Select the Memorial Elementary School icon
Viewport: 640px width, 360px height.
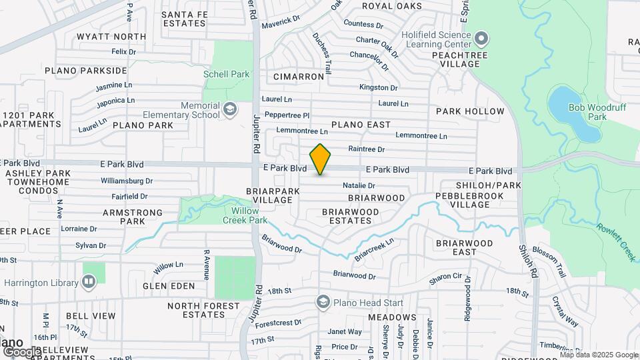tap(230, 109)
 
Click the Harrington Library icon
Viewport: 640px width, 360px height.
tap(89, 282)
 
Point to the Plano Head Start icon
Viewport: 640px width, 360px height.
tap(323, 302)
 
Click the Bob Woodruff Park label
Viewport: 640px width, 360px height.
tap(587, 111)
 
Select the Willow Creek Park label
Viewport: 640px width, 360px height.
tap(235, 215)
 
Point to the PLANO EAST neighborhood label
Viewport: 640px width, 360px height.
tap(361, 125)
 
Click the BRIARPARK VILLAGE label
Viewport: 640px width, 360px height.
tap(269, 195)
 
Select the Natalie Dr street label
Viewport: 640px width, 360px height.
tap(359, 185)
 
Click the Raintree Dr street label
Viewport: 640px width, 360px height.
tap(367, 149)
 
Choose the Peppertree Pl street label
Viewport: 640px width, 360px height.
tap(287, 115)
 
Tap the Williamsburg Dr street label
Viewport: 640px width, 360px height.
tap(127, 181)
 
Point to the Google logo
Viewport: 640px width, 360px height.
tap(21, 351)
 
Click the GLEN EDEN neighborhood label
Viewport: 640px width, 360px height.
tap(169, 286)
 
